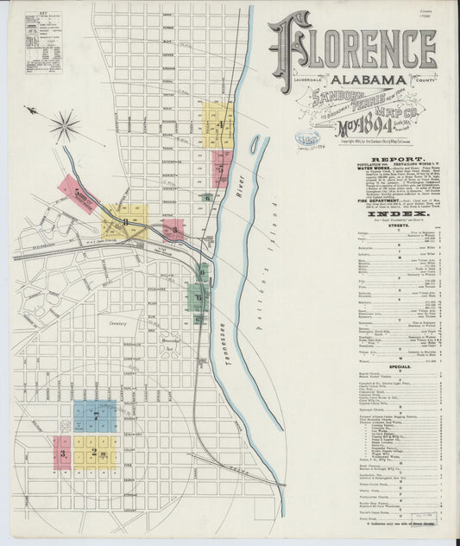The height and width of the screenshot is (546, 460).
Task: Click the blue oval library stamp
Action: coord(306,138)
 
